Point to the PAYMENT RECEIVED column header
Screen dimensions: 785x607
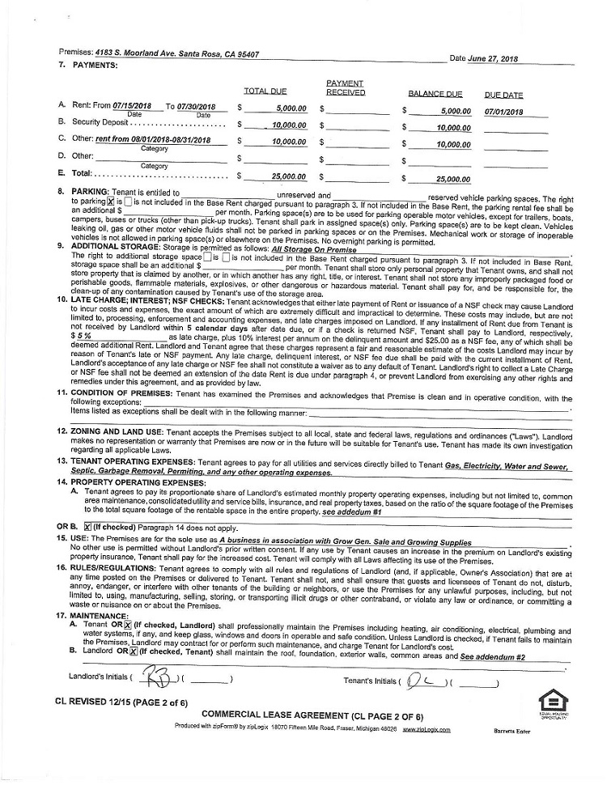click(346, 87)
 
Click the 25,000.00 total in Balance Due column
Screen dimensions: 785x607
click(453, 180)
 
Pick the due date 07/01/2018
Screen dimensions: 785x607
click(504, 112)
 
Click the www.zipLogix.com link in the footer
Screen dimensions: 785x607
click(427, 729)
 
